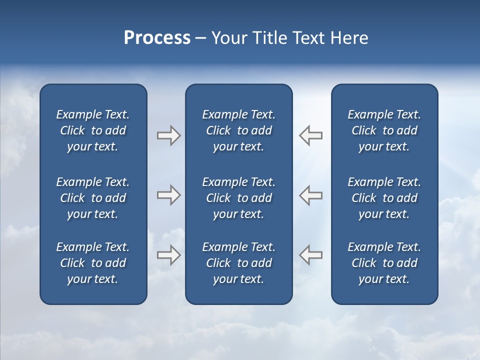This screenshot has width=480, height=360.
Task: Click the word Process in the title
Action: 157,38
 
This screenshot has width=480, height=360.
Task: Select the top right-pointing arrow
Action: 168,135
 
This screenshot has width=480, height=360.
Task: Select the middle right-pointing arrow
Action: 168,195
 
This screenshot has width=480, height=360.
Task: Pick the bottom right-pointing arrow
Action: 168,254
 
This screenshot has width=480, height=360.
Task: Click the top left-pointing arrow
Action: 311,135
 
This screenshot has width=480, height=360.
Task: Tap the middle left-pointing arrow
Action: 311,195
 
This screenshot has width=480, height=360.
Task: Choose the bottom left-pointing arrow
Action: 311,254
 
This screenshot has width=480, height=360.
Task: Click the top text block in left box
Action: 93,130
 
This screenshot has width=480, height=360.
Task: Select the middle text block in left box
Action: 93,198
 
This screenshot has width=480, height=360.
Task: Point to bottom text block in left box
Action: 93,263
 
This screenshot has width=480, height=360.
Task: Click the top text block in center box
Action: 238,130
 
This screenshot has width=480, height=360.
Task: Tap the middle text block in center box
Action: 238,198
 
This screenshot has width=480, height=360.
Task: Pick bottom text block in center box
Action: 238,263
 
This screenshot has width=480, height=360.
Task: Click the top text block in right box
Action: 384,130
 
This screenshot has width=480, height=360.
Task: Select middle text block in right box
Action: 384,198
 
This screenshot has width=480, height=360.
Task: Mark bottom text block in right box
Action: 384,263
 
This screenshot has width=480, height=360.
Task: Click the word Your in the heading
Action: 229,38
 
